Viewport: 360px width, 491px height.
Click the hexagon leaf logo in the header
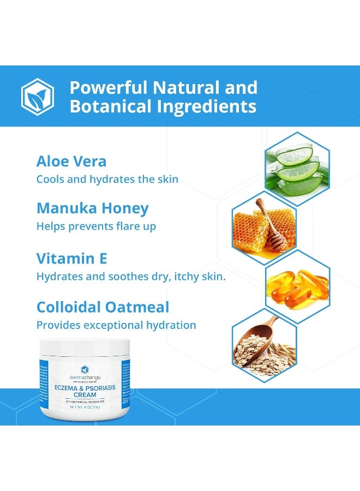[x=38, y=96]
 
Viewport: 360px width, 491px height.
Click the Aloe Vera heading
[x=71, y=161]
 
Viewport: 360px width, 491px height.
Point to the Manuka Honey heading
[x=92, y=208]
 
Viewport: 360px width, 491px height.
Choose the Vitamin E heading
[x=71, y=258]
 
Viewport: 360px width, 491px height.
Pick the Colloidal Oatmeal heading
[x=103, y=307]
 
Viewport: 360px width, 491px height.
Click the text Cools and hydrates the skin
[x=107, y=179]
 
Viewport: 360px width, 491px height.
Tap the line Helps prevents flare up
[x=96, y=226]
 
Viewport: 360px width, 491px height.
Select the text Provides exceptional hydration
[x=116, y=325]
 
